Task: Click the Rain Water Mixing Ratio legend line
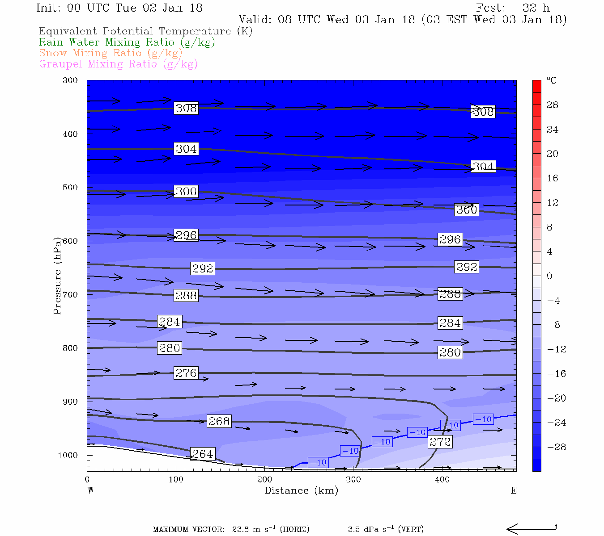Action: pos(127,42)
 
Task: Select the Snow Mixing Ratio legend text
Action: pos(111,53)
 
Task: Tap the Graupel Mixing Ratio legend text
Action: pos(118,64)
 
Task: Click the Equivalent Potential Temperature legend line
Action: pos(145,31)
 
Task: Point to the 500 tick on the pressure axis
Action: pos(70,188)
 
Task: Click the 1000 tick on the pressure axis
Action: pos(68,455)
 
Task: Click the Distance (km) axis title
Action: pos(301,490)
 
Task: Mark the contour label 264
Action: pos(202,454)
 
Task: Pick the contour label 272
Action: pos(440,442)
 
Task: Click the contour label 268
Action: pos(219,421)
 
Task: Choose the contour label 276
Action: pos(186,373)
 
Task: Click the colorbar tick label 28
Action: pos(553,105)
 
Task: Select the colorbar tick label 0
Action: pos(549,276)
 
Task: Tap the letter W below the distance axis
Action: pos(91,490)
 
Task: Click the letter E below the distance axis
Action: pos(514,490)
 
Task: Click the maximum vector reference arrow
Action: pos(532,529)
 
